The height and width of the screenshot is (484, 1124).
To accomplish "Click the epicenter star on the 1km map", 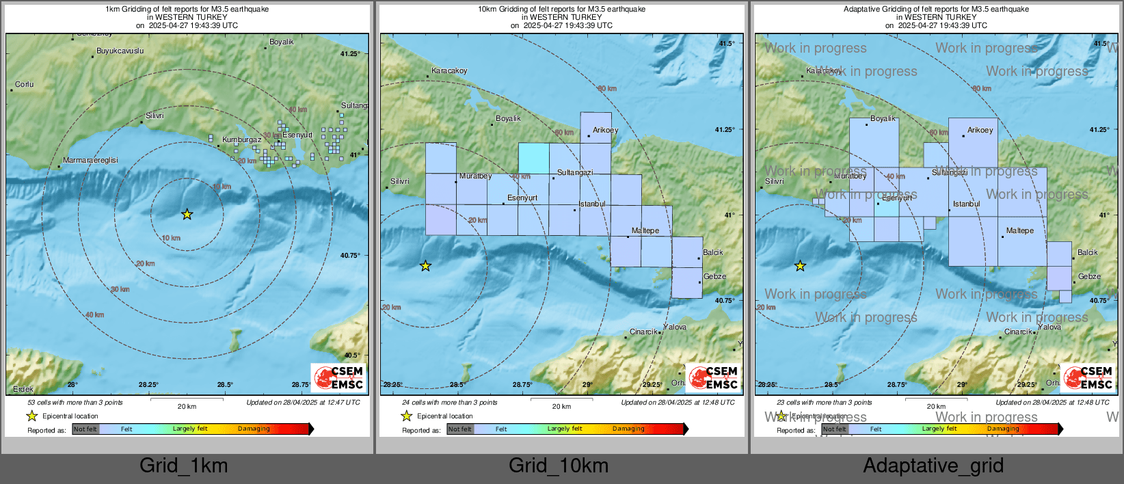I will pos(187,215).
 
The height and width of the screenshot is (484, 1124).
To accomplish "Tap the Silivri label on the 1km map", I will pos(155,116).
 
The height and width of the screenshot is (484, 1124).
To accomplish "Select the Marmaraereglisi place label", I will pos(90,160).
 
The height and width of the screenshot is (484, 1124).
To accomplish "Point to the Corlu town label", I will pos(25,84).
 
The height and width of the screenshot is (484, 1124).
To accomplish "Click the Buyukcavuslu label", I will pos(120,51).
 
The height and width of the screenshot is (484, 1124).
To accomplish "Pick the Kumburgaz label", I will pos(241,139).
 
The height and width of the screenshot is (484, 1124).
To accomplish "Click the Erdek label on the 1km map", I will pos(23,389).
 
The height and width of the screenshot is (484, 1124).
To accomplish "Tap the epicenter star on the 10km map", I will pos(425,266).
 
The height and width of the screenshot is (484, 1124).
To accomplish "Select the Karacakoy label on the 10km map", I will pos(449,70).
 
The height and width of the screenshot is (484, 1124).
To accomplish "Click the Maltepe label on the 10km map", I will pos(645,230).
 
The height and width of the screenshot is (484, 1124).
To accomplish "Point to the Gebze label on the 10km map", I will pos(714,276).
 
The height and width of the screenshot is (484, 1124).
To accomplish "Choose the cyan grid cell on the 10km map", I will pos(533,158).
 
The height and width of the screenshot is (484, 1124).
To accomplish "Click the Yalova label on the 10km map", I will pos(675,327).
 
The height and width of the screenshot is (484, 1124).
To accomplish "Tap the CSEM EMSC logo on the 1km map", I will pos(338,377).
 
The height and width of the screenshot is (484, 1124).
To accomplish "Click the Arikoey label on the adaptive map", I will pos(980,130).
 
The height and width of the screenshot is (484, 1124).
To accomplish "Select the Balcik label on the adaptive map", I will pos(1087,252).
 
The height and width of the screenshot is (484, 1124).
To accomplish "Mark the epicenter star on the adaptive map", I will pos(800,266).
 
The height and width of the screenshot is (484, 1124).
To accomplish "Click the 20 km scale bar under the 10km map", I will pos(561,399).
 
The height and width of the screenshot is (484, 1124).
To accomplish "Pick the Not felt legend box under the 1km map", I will pos(85,429).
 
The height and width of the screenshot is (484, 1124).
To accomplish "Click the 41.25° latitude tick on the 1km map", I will pos(350,53).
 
